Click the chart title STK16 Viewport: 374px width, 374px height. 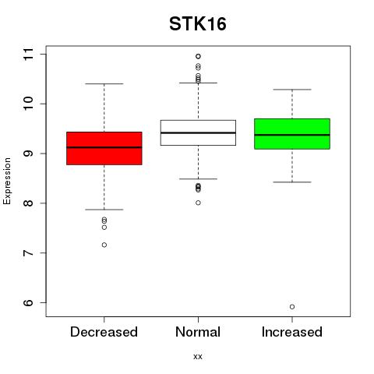198,24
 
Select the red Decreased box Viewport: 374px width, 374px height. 104,148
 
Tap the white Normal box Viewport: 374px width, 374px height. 198,132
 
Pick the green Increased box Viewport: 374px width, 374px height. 292,134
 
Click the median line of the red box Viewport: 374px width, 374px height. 104,147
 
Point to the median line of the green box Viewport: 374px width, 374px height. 292,135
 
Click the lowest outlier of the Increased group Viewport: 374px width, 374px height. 292,307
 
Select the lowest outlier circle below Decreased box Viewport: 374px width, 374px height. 104,245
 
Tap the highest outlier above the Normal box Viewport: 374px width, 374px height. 198,56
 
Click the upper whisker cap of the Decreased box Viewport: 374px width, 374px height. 104,84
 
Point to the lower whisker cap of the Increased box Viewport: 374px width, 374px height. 292,182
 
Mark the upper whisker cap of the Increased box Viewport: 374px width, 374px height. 292,90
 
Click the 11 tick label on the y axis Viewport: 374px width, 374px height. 28,55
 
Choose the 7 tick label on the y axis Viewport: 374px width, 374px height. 28,253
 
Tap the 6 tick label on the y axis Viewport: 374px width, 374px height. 28,302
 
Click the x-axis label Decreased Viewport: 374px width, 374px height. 104,332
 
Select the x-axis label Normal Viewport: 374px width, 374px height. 198,332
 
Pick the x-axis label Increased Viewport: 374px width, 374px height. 292,332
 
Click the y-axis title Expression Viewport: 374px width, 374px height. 7,181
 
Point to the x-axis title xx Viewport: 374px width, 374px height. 198,357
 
